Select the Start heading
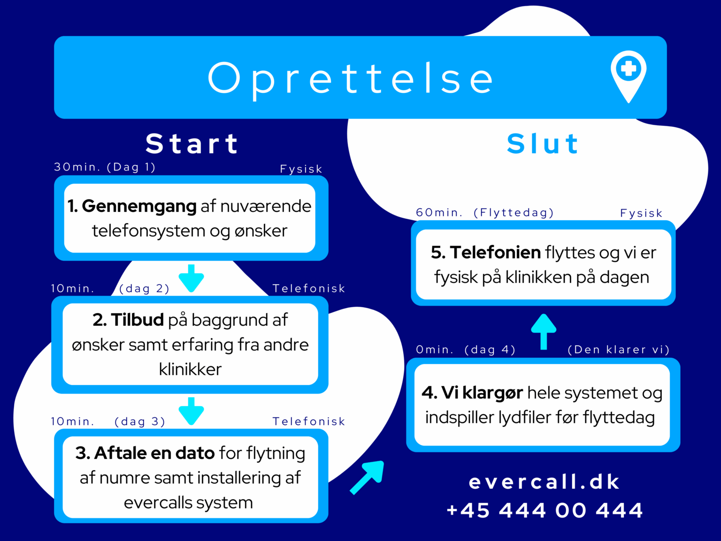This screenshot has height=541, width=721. [x=192, y=144]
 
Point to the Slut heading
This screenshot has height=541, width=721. [x=543, y=144]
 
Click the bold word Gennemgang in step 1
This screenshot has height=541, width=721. [x=139, y=207]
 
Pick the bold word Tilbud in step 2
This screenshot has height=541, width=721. [x=138, y=320]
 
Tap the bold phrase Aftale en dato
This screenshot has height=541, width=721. [x=154, y=453]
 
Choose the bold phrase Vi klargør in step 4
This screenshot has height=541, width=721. [x=482, y=393]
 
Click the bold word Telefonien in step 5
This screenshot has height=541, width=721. [x=495, y=253]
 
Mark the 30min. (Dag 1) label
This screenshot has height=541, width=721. [x=105, y=167]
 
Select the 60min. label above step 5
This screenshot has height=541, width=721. [x=439, y=213]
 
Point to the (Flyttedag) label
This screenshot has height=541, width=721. [x=514, y=213]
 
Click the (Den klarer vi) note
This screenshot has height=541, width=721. [x=619, y=349]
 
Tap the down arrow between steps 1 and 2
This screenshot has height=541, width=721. [x=191, y=278]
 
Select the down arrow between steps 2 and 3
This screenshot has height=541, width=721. [x=191, y=411]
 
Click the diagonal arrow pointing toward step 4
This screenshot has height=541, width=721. [x=367, y=477]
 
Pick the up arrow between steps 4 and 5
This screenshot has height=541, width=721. [x=544, y=332]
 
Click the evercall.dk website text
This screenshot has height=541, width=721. [x=544, y=482]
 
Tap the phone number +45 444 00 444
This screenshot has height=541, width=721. [x=545, y=510]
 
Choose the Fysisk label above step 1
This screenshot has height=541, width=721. [x=301, y=169]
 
